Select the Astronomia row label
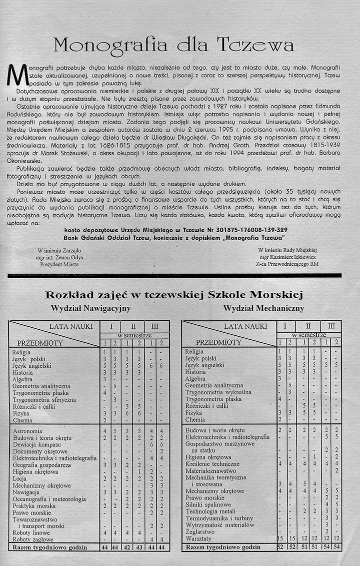point(27,430)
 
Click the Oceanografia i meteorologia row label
point(49,499)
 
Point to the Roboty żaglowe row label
point(33,539)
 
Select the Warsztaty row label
point(198,539)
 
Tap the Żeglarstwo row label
point(199,532)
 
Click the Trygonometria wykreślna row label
point(218,392)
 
